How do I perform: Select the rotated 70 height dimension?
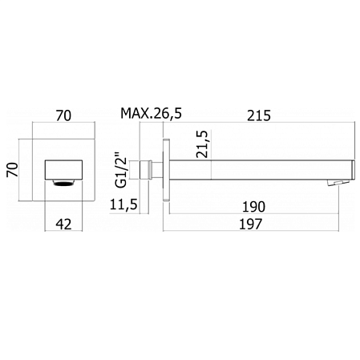click(x=12, y=170)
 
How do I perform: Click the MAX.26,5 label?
click(x=152, y=115)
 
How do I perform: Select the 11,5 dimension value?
click(x=124, y=206)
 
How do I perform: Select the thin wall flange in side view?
click(x=165, y=170)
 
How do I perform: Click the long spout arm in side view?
click(x=257, y=170)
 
